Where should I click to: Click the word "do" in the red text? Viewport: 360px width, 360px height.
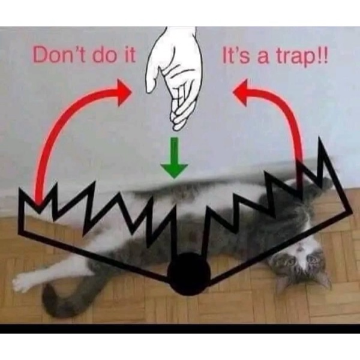104,55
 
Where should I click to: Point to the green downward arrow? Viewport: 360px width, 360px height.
174,158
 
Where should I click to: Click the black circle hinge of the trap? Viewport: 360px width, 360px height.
189,274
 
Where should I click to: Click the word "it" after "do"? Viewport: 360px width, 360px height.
129,55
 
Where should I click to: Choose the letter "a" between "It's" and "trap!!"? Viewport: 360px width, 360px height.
262,58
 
